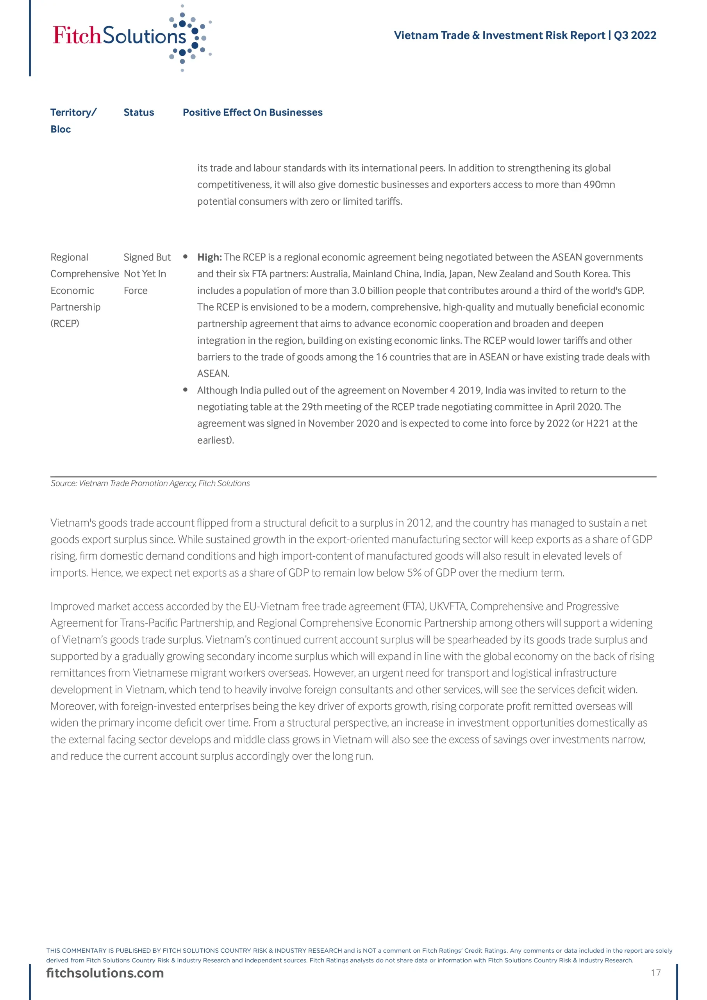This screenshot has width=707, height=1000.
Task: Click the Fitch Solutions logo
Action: (131, 37)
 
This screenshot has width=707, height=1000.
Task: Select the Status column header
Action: (139, 112)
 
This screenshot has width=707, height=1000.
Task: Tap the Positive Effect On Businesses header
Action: (253, 112)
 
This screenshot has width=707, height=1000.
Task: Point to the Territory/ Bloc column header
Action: (73, 120)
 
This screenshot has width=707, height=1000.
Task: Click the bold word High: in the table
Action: (209, 257)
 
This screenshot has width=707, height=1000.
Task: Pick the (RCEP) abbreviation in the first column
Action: (65, 323)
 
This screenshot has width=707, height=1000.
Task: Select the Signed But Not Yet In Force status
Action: (146, 274)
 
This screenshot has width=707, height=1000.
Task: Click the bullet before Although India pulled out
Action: (186, 390)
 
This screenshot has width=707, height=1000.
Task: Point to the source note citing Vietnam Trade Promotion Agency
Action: (150, 484)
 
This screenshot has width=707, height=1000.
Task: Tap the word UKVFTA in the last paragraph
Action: (447, 607)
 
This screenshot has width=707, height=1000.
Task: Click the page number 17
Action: (655, 973)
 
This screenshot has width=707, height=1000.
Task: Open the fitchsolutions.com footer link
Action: (105, 973)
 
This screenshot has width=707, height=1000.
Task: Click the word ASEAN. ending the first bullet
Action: (213, 374)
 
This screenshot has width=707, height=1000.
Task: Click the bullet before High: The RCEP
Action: (186, 257)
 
